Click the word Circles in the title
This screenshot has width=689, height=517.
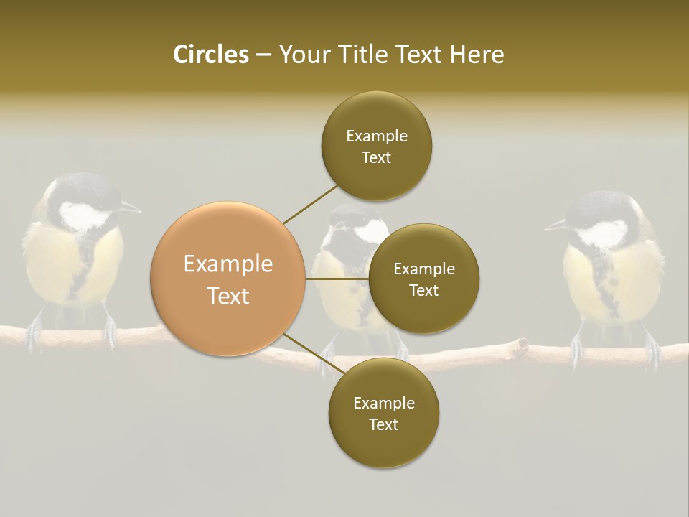[x=210, y=55]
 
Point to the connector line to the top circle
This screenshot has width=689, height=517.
[x=310, y=204]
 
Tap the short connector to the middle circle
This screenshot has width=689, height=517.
[x=337, y=279]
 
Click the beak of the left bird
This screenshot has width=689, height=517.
[x=131, y=208]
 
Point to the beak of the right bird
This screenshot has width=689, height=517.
[x=556, y=226]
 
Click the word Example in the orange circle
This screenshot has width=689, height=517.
[x=228, y=264]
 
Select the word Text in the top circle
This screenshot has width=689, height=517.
[x=377, y=158]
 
